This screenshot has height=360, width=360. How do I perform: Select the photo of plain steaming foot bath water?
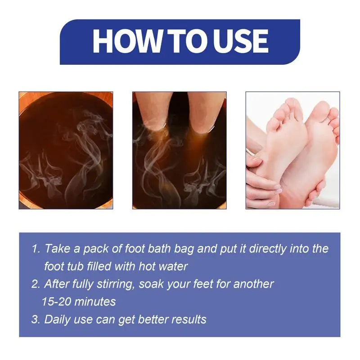[66, 150]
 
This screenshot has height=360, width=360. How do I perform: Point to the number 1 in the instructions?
[35, 248]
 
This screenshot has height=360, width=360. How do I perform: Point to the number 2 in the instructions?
[35, 284]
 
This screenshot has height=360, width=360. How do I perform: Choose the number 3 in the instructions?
[35, 319]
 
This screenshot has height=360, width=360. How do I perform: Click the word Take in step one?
[57, 248]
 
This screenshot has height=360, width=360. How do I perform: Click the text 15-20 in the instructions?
[57, 301]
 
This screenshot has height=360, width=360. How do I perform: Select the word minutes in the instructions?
[95, 301]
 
